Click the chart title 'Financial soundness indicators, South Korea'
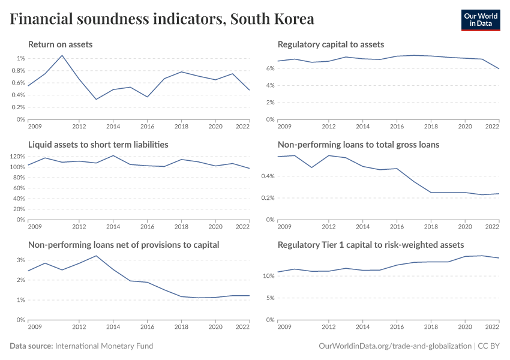pos(162,19)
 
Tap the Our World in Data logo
pos(480,20)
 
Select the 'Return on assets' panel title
pos(60,44)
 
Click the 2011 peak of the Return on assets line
pos(62,55)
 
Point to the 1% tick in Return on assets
pos(20,58)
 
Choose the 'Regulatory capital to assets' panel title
pos(331,44)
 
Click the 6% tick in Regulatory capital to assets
pos(270,68)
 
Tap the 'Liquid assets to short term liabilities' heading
pos(98,145)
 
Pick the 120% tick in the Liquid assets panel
pos(17,157)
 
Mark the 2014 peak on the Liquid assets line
pos(113,155)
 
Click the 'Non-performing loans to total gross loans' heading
pos(358,145)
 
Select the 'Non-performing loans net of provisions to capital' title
pos(124,245)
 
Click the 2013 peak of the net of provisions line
pos(96,256)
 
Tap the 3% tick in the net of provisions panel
pos(20,260)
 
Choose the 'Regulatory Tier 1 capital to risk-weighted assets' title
pos(371,245)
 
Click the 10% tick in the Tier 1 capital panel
pos(268,276)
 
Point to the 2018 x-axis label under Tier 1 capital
pos(430,328)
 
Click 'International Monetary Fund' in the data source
pos(104,346)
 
